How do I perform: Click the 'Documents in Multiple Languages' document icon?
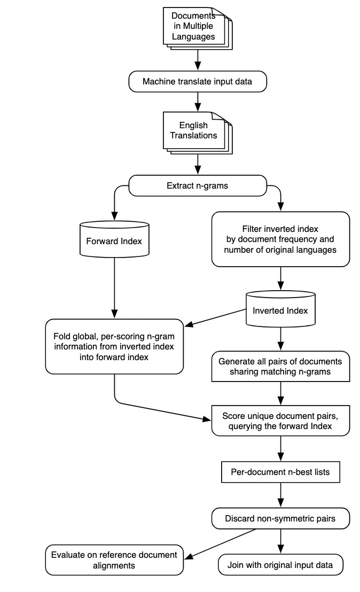198,28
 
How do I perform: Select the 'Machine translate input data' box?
198,82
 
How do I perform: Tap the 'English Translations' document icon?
198,133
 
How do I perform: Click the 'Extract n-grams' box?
198,185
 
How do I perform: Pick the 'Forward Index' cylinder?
114,239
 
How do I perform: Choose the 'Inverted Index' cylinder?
280,308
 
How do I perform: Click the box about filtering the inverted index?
280,239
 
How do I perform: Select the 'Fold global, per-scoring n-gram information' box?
114,347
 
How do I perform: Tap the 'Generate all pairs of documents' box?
280,367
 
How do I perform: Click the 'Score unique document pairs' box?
280,421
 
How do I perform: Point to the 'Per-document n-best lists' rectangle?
280,472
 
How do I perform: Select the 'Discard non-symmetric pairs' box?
280,518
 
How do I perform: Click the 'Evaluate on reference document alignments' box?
114,560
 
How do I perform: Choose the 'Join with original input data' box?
280,565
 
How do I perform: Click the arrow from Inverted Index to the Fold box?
215,317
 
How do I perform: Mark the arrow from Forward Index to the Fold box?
114,288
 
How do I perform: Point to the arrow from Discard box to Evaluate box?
220,544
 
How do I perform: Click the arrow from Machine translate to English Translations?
198,102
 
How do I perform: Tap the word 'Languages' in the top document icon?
193,37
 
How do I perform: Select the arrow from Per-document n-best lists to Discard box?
280,495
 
